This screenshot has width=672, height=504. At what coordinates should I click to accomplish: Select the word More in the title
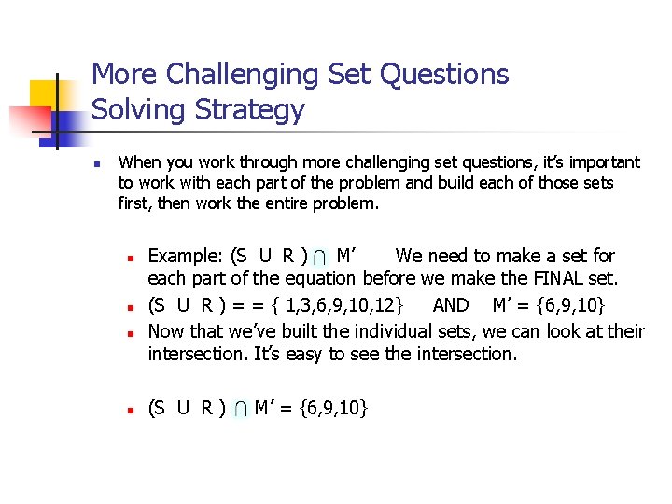click(x=123, y=74)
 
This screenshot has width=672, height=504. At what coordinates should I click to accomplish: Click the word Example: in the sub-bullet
click(x=185, y=256)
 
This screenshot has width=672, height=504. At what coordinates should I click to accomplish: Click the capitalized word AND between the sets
click(x=451, y=305)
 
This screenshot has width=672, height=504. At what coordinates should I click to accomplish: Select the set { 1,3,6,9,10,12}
click(x=348, y=305)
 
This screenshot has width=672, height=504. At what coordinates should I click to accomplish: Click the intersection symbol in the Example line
click(x=320, y=258)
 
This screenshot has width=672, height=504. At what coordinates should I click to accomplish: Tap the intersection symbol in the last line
click(x=239, y=409)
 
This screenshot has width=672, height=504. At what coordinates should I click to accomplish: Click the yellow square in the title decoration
click(x=44, y=94)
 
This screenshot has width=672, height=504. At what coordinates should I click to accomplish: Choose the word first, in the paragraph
click(x=137, y=203)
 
